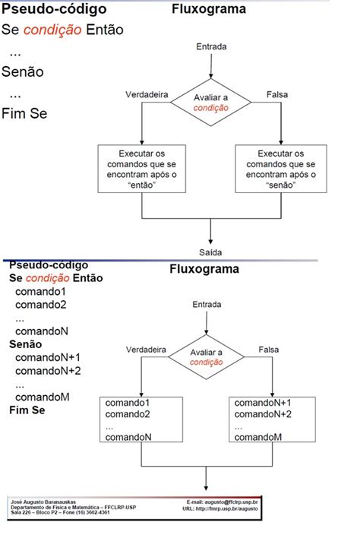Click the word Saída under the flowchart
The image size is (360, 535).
click(x=210, y=251)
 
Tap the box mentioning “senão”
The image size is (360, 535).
click(x=276, y=170)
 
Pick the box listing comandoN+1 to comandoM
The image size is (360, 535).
click(x=273, y=419)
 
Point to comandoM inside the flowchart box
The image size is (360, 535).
click(x=258, y=437)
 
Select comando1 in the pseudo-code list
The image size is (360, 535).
click(x=41, y=292)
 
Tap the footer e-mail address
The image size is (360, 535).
click(x=223, y=502)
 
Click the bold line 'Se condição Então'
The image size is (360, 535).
click(x=55, y=278)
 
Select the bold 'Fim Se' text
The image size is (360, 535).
click(x=27, y=410)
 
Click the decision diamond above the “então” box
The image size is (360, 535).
click(x=210, y=102)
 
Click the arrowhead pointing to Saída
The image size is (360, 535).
click(x=210, y=237)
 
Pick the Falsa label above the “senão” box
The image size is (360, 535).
click(x=278, y=94)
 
